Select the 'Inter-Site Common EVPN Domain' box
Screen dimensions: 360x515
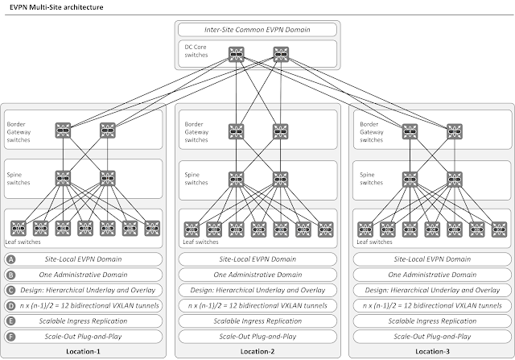click(257, 31)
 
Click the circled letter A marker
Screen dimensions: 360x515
click(11, 260)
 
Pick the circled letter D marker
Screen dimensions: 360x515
click(11, 305)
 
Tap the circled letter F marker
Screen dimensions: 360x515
click(11, 336)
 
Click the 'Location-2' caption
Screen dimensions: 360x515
click(257, 352)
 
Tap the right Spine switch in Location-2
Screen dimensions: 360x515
click(280, 177)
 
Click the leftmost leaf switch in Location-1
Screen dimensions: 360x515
click(17, 226)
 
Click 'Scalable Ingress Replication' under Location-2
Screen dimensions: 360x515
click(257, 321)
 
